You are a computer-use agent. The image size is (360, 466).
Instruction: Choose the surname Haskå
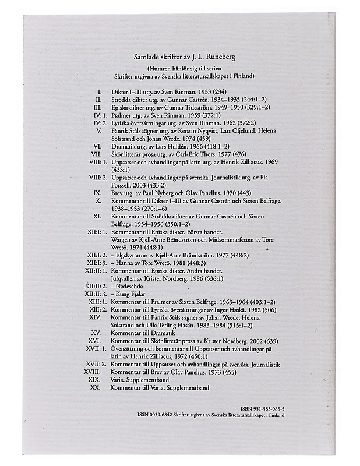[x=230, y=309]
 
